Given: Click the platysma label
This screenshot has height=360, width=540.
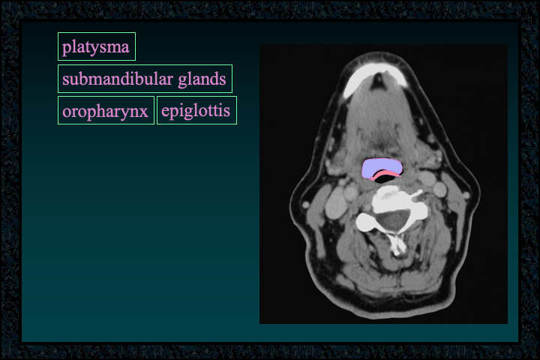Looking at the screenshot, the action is (97, 46).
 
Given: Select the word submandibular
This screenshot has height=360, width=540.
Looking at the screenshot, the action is (118, 79).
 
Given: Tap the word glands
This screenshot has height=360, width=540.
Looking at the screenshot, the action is (202, 79).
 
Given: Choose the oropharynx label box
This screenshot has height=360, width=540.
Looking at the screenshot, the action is (106, 110).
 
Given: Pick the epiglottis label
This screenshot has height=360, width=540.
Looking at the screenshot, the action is (196, 110).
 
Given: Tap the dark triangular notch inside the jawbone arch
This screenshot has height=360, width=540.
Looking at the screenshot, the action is (379, 81).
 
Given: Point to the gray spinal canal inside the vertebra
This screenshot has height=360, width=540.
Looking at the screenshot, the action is (391, 221).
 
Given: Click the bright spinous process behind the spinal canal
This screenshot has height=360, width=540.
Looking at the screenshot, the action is (397, 245).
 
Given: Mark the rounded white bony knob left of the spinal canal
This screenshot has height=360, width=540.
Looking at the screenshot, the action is (367, 222).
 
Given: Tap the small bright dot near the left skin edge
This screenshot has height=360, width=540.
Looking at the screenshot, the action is (305, 205).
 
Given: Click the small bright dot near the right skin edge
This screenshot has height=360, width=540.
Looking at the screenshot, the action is (466, 195).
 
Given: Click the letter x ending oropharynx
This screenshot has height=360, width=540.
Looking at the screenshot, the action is (143, 112).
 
